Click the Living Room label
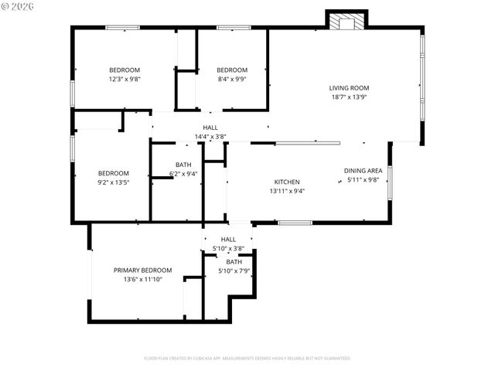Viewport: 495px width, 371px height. click(349, 88)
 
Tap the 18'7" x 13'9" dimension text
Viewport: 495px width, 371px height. click(349, 97)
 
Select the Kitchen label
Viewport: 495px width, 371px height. click(287, 182)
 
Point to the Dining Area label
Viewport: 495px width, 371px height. click(364, 170)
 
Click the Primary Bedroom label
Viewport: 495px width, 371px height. click(142, 270)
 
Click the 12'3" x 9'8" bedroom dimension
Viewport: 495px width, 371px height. click(124, 79)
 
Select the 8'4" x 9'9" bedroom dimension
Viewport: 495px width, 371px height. click(231, 79)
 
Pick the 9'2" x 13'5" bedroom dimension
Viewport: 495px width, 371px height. click(113, 182)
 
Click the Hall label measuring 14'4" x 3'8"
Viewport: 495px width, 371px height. click(210, 128)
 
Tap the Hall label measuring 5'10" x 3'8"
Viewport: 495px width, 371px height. click(228, 240)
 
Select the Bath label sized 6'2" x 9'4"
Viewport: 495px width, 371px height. click(183, 164)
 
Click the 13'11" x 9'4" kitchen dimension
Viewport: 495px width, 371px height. click(287, 191)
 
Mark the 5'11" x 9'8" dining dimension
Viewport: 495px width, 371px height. click(364, 179)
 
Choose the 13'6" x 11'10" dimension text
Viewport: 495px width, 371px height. click(142, 279)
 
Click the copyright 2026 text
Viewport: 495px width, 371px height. click(17, 7)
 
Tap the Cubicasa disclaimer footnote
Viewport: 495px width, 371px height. click(247, 358)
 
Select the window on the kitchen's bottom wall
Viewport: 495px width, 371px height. click(295, 223)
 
